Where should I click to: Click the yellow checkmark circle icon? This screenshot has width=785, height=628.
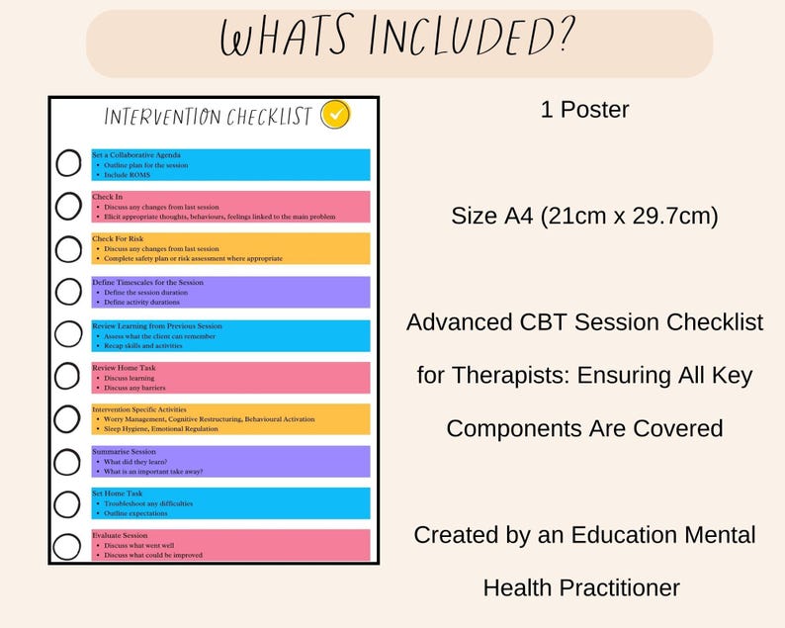(x=336, y=115)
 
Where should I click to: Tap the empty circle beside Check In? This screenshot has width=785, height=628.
(x=68, y=206)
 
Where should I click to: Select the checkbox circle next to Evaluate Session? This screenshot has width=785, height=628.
(x=68, y=546)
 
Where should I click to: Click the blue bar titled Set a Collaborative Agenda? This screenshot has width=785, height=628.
(x=230, y=164)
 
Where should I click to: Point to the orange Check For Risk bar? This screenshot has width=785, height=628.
(x=230, y=248)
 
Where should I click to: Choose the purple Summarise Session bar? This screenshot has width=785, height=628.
(x=230, y=462)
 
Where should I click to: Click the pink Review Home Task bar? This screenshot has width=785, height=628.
(x=230, y=377)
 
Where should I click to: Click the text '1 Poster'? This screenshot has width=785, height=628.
(x=584, y=110)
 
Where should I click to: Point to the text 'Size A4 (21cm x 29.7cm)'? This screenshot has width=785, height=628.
(x=584, y=215)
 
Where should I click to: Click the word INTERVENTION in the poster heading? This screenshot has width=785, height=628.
(x=163, y=117)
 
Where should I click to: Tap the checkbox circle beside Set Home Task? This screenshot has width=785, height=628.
(x=68, y=503)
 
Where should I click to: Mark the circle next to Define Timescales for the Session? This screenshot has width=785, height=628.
(x=68, y=292)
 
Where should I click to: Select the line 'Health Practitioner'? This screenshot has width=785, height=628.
(x=581, y=587)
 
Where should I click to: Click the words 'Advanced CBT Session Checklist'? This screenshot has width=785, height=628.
(x=584, y=322)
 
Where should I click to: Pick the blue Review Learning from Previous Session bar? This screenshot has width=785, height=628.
(x=230, y=335)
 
